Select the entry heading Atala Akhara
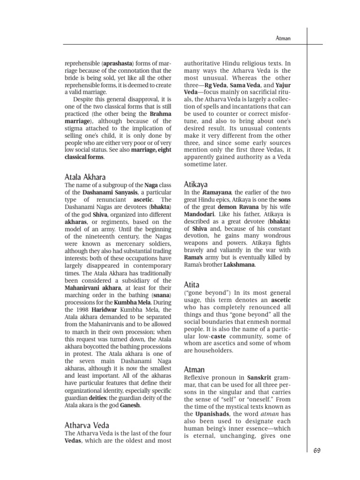85,177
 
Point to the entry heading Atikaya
195,184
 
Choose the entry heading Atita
191,285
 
